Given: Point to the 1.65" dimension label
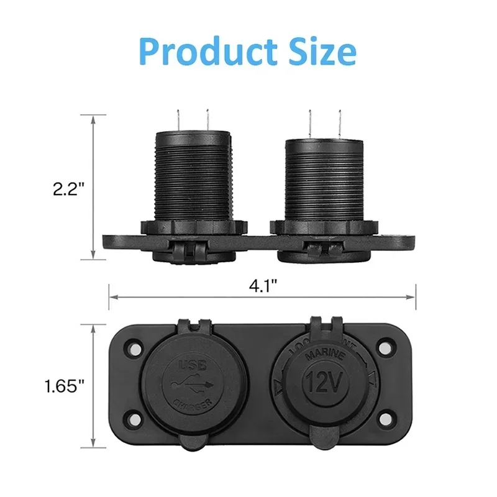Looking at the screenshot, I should [64, 386].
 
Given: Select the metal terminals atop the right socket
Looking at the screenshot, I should [324, 122].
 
